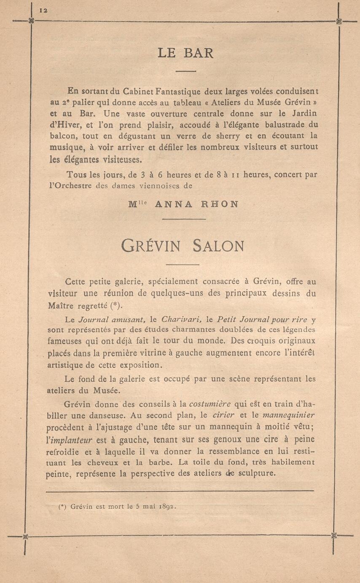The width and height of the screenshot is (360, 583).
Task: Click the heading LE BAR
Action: pos(185,53)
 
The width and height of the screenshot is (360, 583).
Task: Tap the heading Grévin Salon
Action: pos(182,246)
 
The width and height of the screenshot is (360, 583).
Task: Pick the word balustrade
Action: pos(287,125)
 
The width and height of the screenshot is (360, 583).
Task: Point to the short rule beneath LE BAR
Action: pos(186,71)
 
